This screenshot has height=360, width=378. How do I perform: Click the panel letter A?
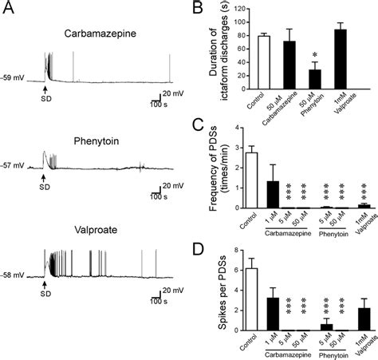click(x=7, y=8)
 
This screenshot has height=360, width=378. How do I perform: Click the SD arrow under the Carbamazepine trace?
click(x=45, y=89)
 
